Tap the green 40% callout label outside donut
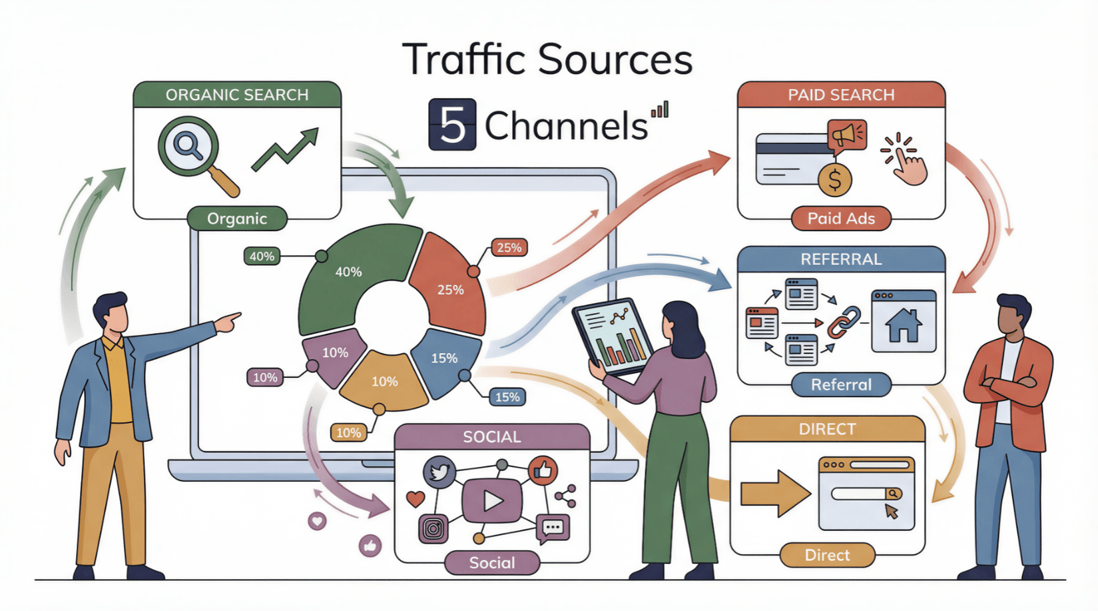click(x=262, y=257)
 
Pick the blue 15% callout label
click(x=507, y=397)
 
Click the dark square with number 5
click(x=452, y=125)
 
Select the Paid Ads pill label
click(x=840, y=219)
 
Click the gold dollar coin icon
click(x=835, y=180)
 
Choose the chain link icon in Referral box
click(x=844, y=322)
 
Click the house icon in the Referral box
click(x=904, y=324)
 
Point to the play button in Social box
click(x=492, y=500)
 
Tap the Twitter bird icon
click(x=439, y=472)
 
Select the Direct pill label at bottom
click(x=827, y=555)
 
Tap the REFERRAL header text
click(x=841, y=259)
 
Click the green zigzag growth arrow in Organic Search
click(x=285, y=151)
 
